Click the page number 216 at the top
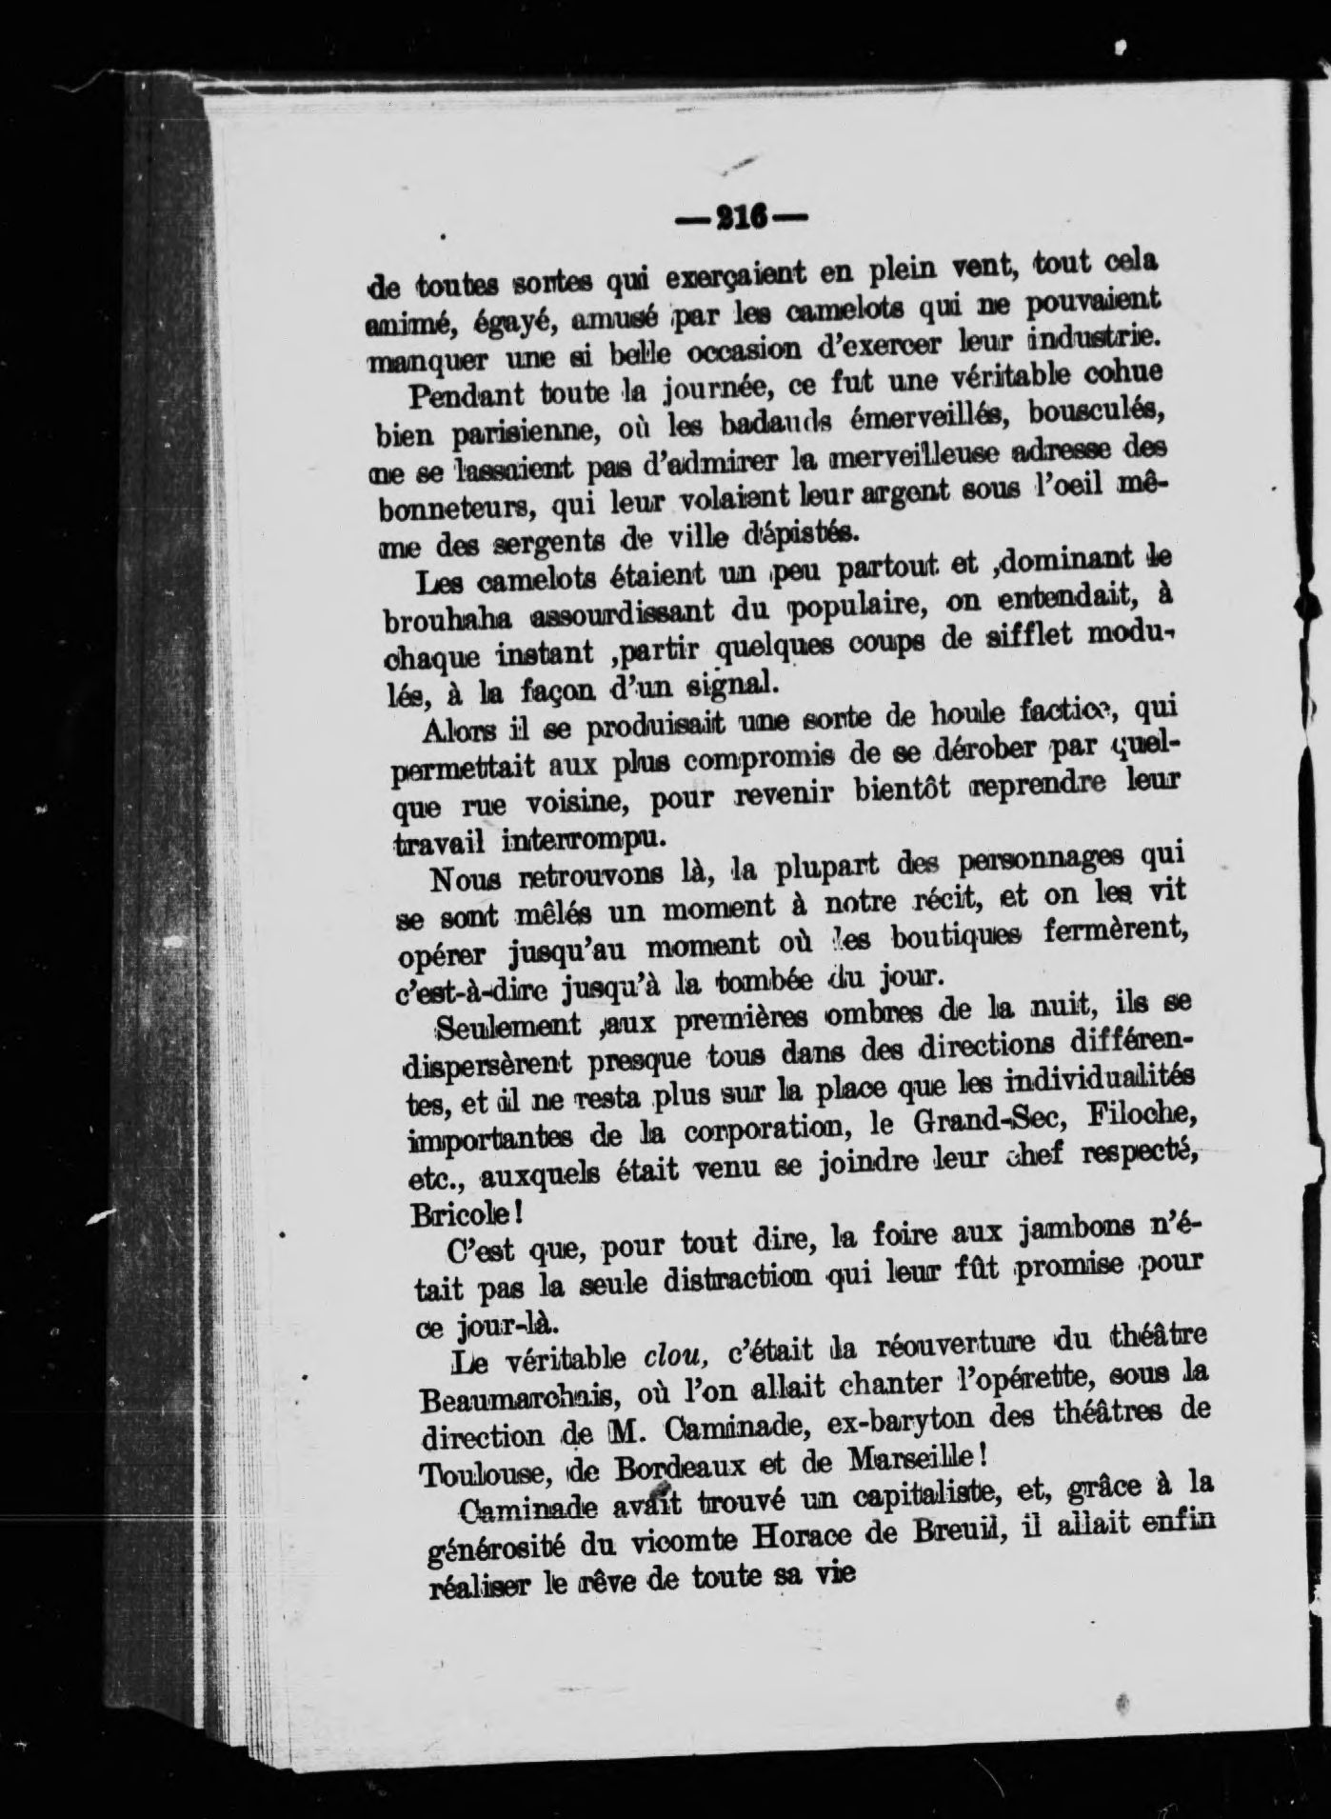(741, 218)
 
